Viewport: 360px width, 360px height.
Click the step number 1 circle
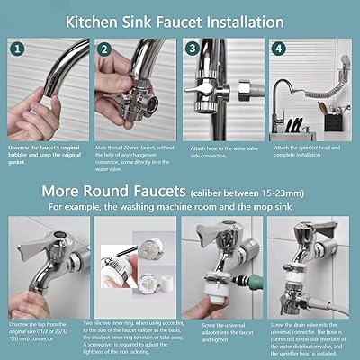point(18,49)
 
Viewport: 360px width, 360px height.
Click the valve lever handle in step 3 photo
point(200,90)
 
